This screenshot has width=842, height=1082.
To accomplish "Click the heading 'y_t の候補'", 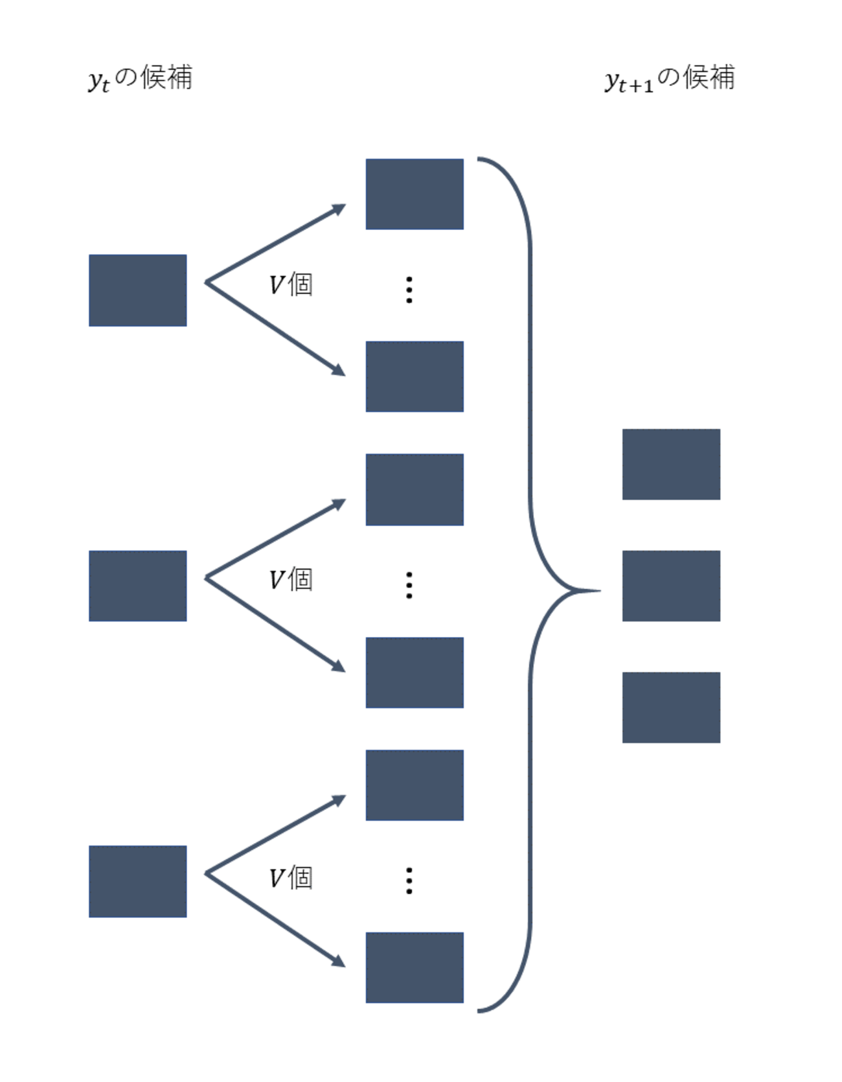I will point(140,78).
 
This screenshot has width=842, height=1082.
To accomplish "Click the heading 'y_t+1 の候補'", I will point(670,78).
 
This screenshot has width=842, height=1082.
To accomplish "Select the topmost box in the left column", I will point(137,290).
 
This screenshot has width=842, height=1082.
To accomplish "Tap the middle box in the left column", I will point(137,586).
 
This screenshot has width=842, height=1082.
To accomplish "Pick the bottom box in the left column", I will point(137,881).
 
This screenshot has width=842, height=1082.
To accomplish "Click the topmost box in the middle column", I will point(415,194).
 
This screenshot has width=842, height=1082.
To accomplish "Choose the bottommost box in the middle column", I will point(415,967).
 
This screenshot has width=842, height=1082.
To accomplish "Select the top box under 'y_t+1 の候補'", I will point(671,464).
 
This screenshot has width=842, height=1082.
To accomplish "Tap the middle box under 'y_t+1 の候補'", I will point(671,586).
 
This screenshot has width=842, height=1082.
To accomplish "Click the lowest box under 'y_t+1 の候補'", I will point(671,707).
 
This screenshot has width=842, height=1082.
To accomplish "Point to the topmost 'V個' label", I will point(291,284).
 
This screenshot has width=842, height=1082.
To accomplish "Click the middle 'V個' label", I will point(291,579).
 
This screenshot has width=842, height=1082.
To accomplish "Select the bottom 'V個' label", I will point(291,878).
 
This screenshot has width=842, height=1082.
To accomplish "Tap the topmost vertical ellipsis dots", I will point(409,290).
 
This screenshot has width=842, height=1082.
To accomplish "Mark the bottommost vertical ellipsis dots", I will point(409,881).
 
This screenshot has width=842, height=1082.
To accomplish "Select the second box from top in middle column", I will point(415,376).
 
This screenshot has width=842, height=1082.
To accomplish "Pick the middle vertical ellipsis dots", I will point(409,585).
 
